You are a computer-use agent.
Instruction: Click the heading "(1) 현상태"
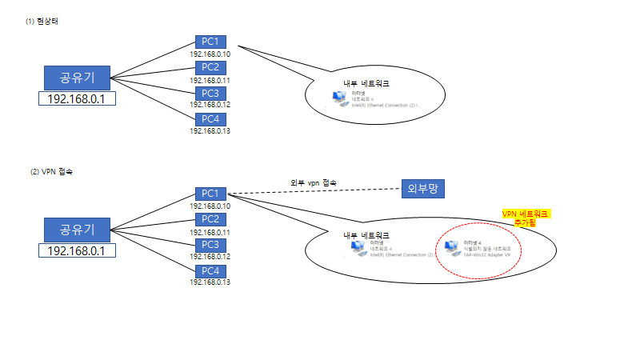point(42,21)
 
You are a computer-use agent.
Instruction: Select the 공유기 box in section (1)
point(77,78)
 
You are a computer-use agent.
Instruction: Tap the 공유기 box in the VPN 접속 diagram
point(77,230)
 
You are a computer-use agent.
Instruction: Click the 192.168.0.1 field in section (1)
point(77,99)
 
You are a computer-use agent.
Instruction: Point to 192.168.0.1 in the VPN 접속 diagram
point(77,251)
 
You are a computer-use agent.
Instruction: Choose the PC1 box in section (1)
point(210,41)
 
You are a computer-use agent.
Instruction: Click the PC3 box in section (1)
point(210,93)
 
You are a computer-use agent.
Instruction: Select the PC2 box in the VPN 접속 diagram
point(210,219)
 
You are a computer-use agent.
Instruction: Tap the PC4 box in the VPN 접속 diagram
point(210,270)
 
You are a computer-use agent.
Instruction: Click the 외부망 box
point(423,189)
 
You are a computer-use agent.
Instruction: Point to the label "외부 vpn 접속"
point(313,183)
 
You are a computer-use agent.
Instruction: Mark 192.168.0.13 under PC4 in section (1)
point(210,131)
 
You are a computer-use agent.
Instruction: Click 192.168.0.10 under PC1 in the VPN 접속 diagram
point(210,206)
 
